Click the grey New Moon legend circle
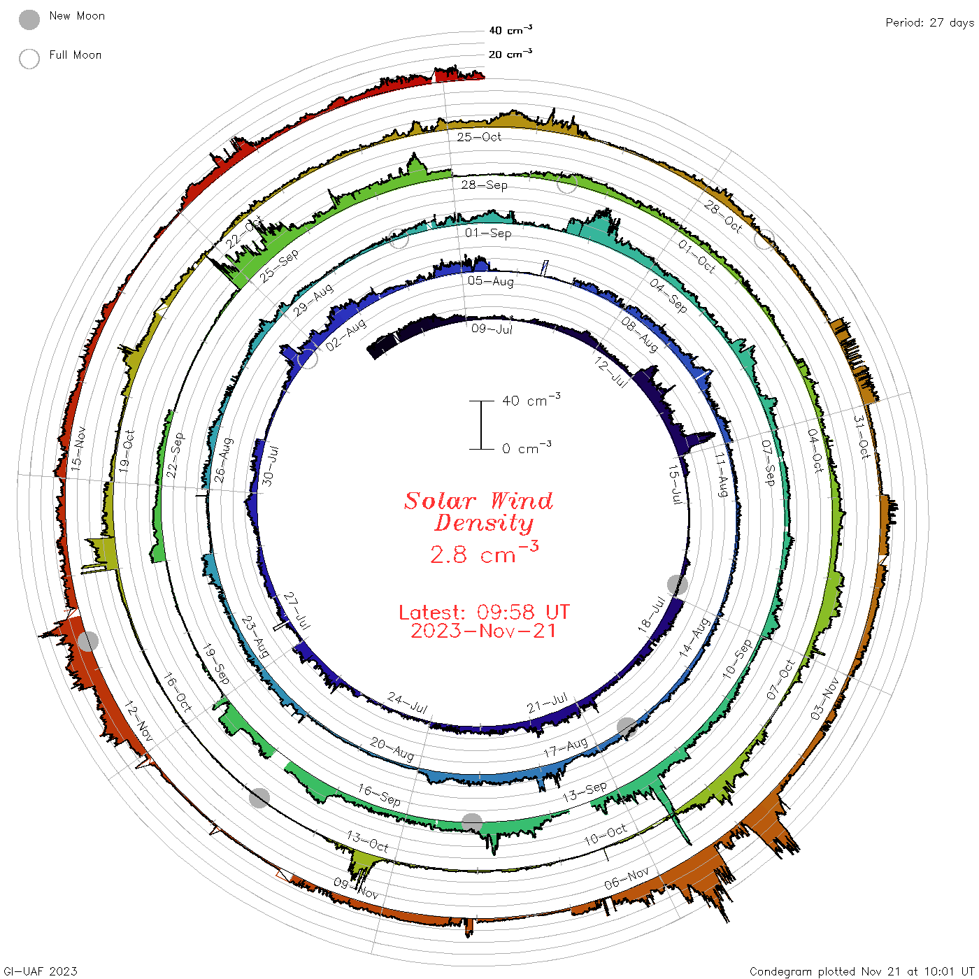click(29, 20)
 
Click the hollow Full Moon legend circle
click(29, 59)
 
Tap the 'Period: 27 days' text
click(929, 23)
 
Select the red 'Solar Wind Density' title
click(478, 512)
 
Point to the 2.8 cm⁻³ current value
click(484, 552)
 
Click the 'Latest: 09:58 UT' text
click(484, 612)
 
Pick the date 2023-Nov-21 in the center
click(483, 631)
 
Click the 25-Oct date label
click(478, 136)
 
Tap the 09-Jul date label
click(492, 329)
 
